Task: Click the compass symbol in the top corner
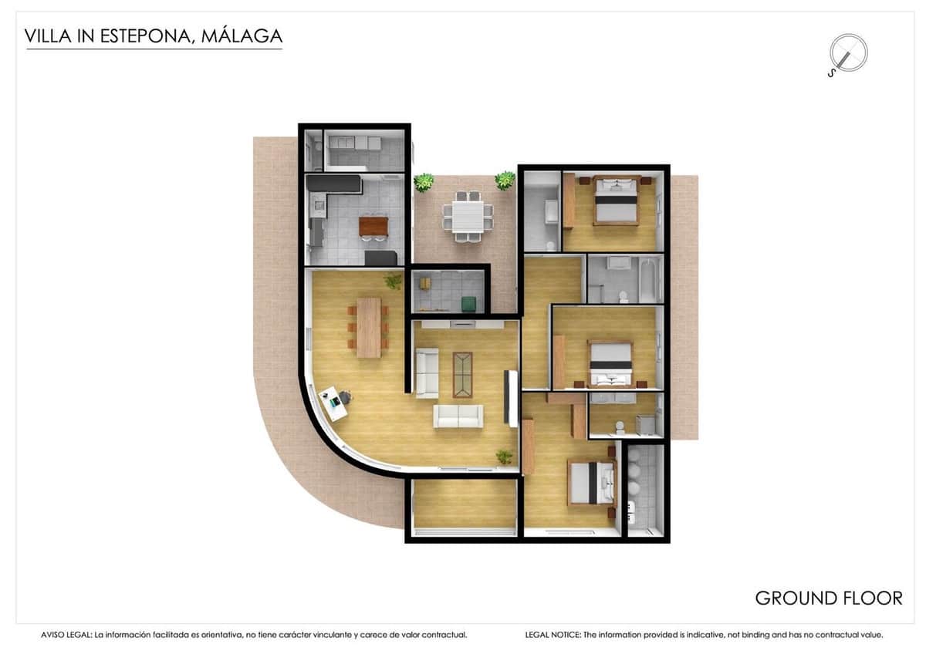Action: click(x=847, y=53)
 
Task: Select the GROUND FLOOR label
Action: click(x=828, y=598)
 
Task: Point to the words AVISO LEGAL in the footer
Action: click(x=66, y=635)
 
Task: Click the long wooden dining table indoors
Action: click(x=369, y=327)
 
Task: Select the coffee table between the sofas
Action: click(x=463, y=374)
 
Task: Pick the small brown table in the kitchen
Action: click(x=373, y=226)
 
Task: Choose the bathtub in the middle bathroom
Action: click(x=648, y=280)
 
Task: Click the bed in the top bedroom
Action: click(x=616, y=200)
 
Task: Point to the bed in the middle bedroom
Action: click(x=610, y=364)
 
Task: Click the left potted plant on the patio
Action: click(x=423, y=183)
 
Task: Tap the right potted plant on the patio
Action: click(x=505, y=180)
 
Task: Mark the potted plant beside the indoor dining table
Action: click(x=394, y=281)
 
